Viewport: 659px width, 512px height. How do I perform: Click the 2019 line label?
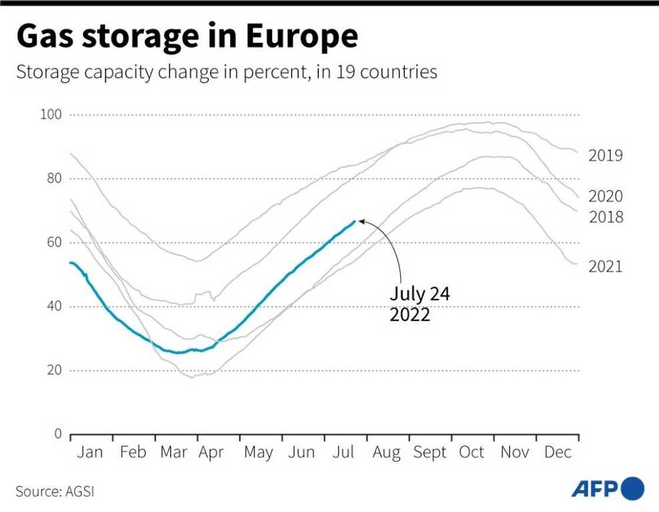click(605, 156)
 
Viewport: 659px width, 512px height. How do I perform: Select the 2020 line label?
click(605, 196)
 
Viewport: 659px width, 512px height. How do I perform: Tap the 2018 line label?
click(605, 217)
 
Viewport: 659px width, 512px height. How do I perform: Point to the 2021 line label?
click(605, 267)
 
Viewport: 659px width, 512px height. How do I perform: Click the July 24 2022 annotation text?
click(420, 304)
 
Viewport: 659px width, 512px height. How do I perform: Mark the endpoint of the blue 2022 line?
click(354, 221)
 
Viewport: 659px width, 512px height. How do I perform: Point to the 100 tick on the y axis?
click(51, 114)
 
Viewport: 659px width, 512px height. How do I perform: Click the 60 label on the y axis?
click(54, 242)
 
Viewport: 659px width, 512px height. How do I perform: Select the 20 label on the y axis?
click(54, 370)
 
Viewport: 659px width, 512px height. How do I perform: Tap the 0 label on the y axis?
click(58, 434)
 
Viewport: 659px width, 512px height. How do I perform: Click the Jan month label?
click(89, 452)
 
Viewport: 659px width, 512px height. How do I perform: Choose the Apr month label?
click(211, 452)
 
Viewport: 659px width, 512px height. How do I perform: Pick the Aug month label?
click(386, 452)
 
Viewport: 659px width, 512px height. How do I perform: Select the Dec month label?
click(558, 452)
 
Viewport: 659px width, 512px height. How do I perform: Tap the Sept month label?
click(430, 452)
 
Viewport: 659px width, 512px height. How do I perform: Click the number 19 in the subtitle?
click(346, 72)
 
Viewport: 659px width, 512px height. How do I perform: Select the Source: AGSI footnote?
click(55, 491)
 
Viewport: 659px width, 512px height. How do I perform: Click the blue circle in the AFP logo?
click(633, 488)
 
